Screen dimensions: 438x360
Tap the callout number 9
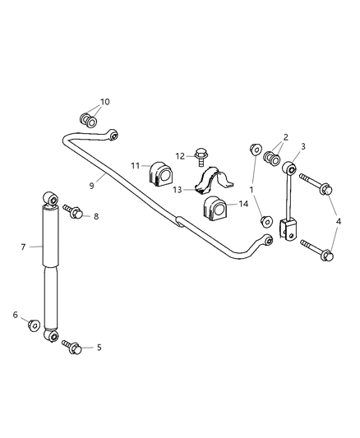tap(92, 187)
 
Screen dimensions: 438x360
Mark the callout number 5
tap(99, 348)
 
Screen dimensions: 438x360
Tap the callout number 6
tap(16, 315)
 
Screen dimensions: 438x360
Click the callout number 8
tap(95, 216)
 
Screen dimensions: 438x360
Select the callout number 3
tap(304, 146)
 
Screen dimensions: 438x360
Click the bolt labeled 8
tap(75, 214)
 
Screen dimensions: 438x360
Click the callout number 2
tap(285, 138)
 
